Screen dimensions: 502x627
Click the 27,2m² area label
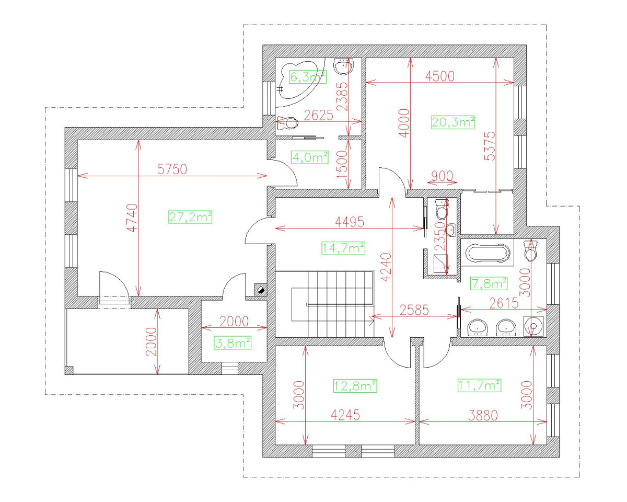(x=190, y=216)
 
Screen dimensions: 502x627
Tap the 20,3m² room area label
(x=453, y=122)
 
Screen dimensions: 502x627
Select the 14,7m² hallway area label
(x=343, y=247)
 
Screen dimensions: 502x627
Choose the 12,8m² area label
(x=355, y=386)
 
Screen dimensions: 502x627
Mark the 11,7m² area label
(x=479, y=385)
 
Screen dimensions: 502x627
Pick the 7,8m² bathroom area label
(x=489, y=283)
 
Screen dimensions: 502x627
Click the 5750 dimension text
(x=172, y=169)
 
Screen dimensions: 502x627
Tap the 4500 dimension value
(x=439, y=75)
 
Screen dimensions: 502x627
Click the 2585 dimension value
(x=414, y=310)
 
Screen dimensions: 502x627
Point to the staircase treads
(x=340, y=303)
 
